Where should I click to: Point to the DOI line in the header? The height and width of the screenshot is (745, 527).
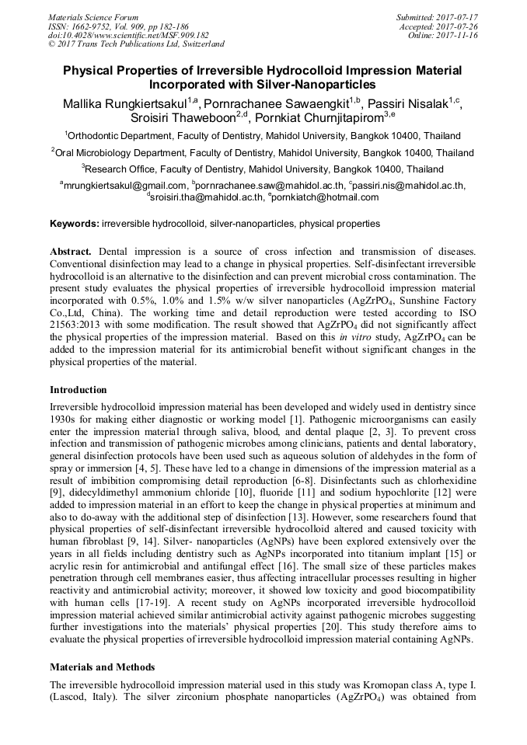[x=127, y=35]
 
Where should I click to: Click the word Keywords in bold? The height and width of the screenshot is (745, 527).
[x=74, y=224]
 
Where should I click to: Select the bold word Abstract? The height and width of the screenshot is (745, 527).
[x=72, y=252]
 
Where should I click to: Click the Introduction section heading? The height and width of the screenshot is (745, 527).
[x=79, y=389]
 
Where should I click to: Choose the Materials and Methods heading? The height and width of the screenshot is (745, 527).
[x=102, y=667]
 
